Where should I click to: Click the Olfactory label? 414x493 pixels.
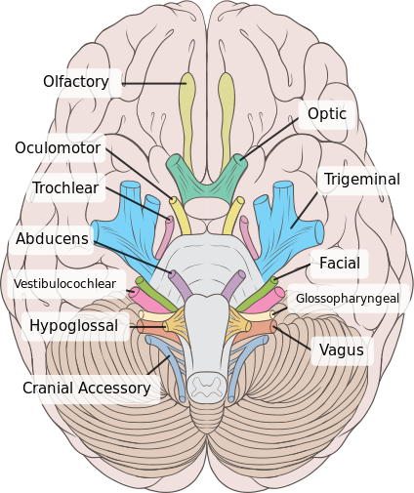(76, 82)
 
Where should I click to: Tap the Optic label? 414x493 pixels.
(326, 114)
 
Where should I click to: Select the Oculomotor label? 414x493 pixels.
(57, 148)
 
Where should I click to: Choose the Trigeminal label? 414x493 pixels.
(362, 180)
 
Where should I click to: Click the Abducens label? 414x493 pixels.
(53, 237)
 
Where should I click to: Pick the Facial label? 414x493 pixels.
(339, 263)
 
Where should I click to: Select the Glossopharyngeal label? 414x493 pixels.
(347, 298)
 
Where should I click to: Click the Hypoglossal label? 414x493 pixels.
(73, 325)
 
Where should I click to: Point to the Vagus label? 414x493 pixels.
(341, 349)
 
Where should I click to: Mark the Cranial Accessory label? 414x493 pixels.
(87, 389)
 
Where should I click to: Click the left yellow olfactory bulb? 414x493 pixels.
(187, 107)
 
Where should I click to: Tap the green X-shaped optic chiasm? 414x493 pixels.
(207, 176)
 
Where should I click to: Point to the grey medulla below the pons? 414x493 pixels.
(207, 327)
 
